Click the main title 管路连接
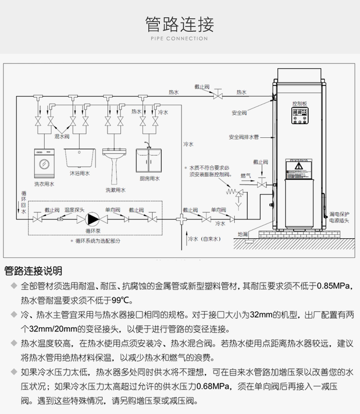[180, 24]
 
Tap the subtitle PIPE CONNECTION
[180, 39]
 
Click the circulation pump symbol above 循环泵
[93, 219]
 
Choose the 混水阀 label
[62, 137]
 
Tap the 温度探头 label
[74, 210]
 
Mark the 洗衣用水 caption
[44, 184]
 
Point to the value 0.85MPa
[336, 287]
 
